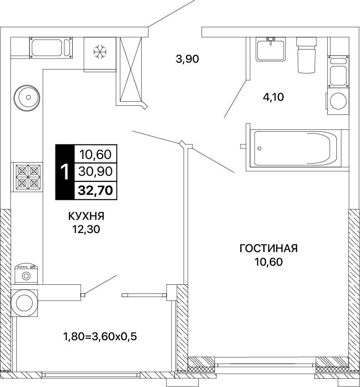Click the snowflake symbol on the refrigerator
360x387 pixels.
pos(100,52)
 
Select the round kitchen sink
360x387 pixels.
pos(27,98)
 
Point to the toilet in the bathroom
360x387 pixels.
pos(306,55)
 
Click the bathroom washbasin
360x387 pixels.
pos(271,49)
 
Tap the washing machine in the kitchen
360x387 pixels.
pos(26,274)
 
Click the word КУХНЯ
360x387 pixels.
pos(86,216)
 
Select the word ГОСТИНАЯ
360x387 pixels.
pos(268,248)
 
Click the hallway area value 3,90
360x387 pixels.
pos(187,59)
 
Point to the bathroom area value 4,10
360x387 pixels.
pos(273,97)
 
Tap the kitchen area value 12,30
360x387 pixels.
pos(86,229)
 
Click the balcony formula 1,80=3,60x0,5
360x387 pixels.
pos(100,337)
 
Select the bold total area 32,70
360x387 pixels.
pos(95,190)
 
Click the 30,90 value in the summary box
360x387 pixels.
pos(95,171)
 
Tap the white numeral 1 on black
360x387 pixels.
pos(65,172)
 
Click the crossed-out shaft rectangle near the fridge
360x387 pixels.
pos(131,69)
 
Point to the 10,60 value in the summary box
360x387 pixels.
pos(95,154)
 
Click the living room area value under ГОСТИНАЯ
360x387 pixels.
pos(268,262)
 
